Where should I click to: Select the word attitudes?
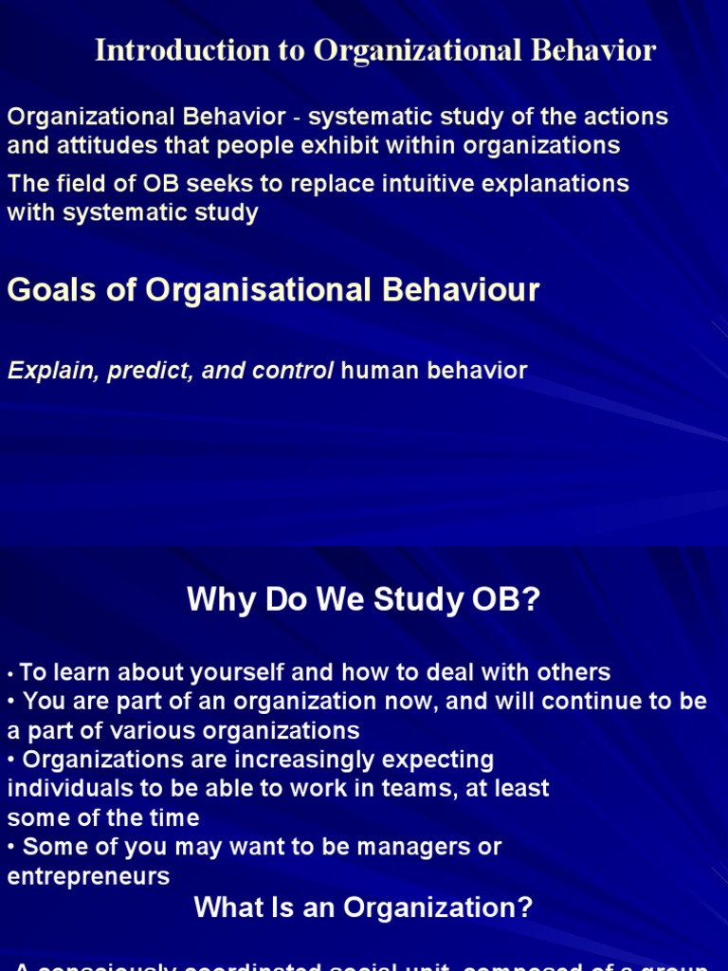pos(106,145)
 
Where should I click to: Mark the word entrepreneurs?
pos(88,876)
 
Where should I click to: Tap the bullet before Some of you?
pos(12,847)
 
